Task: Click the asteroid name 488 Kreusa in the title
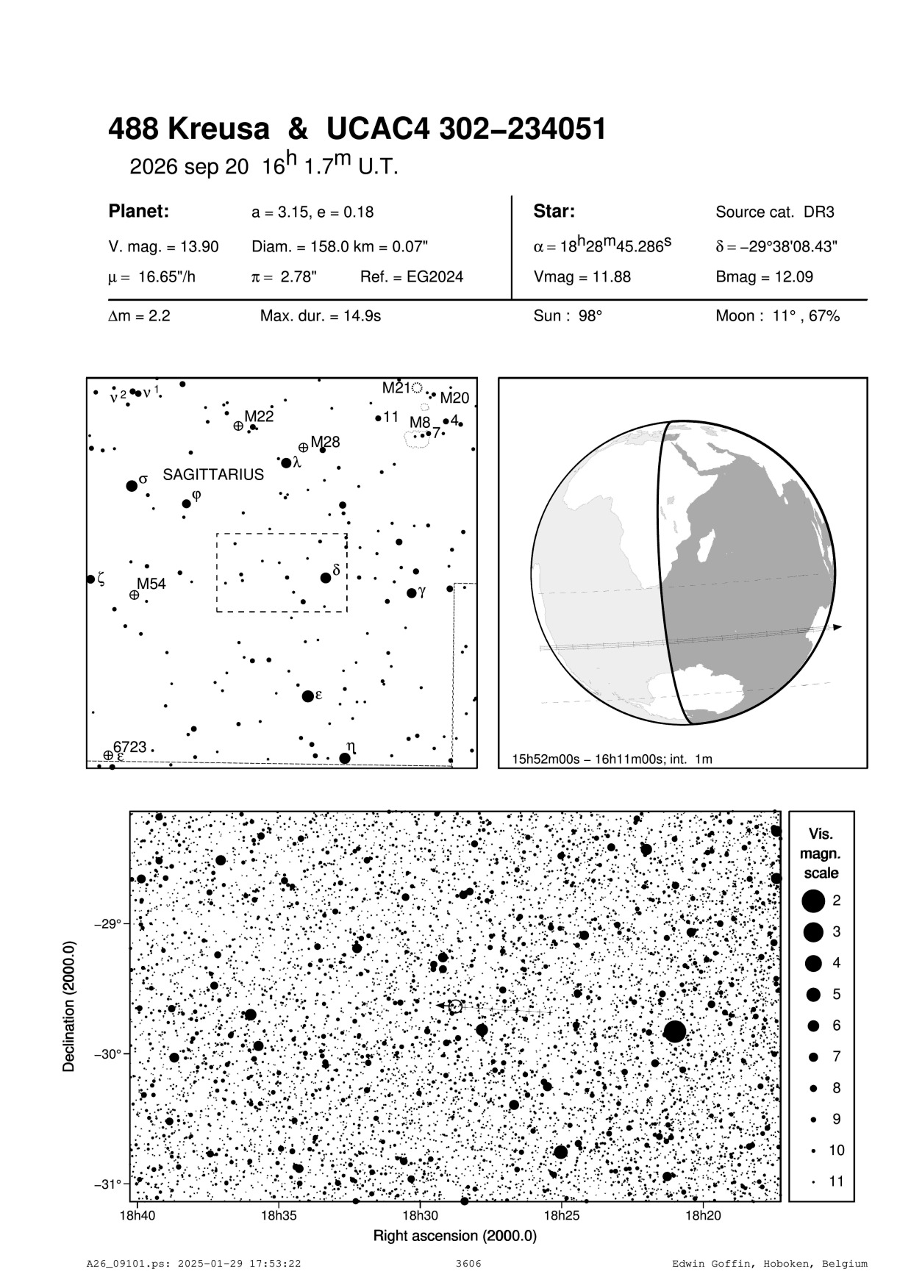pos(189,130)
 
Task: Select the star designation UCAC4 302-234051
pos(466,130)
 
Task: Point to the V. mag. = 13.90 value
pos(163,247)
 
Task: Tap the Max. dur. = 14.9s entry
pos(321,316)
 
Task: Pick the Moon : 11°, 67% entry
pos(777,316)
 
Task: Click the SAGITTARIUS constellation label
pos(213,475)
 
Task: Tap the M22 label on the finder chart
pos(259,417)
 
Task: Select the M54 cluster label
pos(151,584)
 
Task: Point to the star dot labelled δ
pos(326,578)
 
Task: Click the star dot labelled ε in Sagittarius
pos(308,695)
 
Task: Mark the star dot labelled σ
pos(132,485)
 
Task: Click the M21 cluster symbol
pos(418,387)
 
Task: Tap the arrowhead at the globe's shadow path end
pos(837,627)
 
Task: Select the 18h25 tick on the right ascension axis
pos(562,1216)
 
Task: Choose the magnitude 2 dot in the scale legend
pos(813,900)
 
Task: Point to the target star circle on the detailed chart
pos(455,1006)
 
